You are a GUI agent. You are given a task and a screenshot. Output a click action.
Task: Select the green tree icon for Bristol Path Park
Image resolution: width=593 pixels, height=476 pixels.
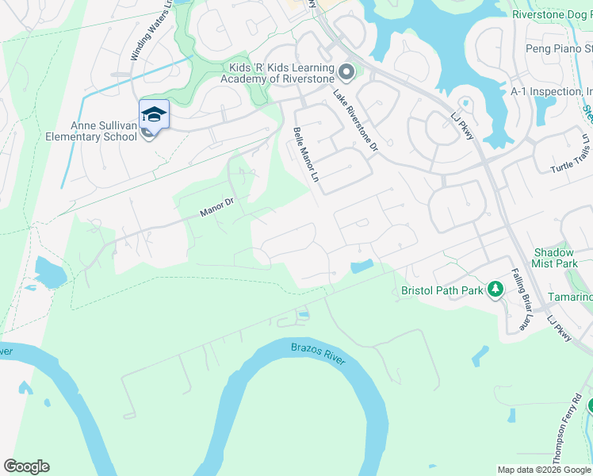pyautogui.click(x=496, y=290)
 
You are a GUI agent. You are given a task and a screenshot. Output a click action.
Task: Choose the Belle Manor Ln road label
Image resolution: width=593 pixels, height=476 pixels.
pyautogui.click(x=305, y=156)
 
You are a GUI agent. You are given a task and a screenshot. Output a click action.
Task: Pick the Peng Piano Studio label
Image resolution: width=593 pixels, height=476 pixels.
pyautogui.click(x=559, y=49)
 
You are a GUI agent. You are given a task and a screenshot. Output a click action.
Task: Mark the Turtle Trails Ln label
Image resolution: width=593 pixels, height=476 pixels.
pyautogui.click(x=572, y=154)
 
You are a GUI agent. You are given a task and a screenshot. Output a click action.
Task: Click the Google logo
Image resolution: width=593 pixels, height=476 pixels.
pyautogui.click(x=26, y=466)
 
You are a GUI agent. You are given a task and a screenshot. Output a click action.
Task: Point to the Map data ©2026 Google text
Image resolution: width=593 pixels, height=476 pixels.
pyautogui.click(x=544, y=470)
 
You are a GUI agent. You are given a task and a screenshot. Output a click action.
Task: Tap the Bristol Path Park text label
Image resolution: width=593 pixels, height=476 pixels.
pyautogui.click(x=442, y=290)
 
